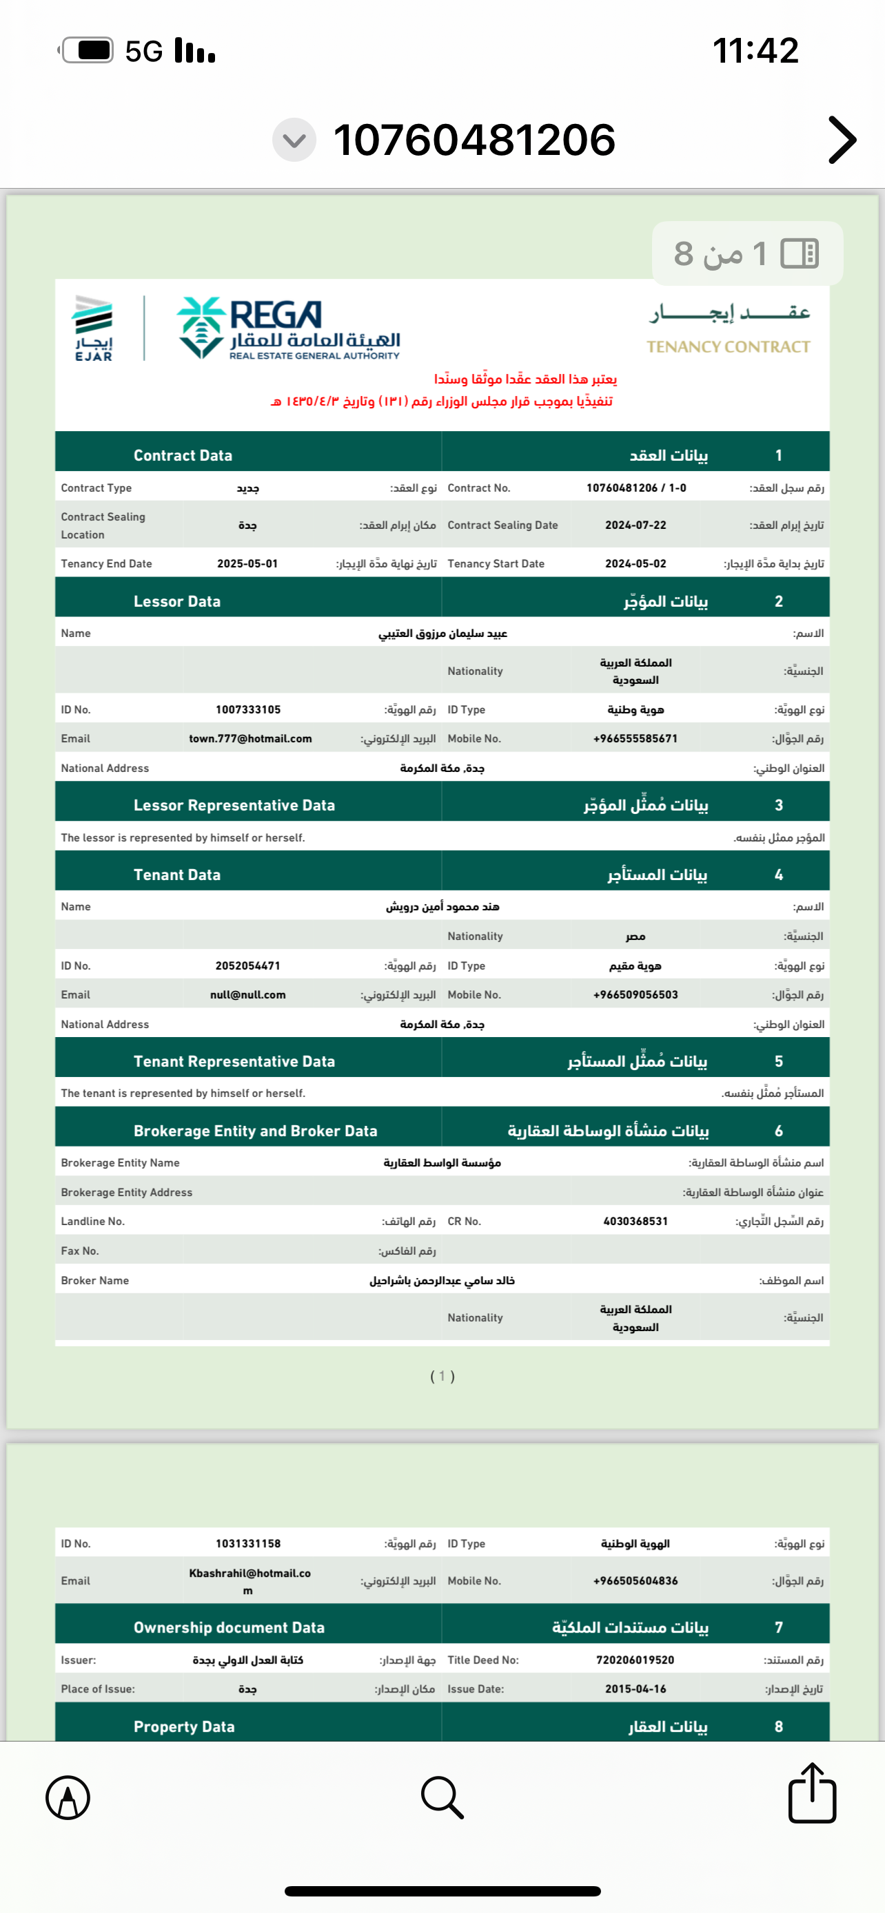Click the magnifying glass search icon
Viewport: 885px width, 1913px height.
click(442, 1797)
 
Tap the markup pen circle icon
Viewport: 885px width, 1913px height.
click(68, 1798)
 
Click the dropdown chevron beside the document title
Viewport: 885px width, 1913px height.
click(294, 140)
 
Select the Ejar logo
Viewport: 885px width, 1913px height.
click(94, 328)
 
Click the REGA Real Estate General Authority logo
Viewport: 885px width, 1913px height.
click(288, 328)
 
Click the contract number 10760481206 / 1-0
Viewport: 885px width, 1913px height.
click(636, 488)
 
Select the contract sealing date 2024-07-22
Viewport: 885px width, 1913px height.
click(635, 525)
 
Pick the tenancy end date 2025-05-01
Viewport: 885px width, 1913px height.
click(247, 564)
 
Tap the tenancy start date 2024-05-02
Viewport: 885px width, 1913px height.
click(635, 564)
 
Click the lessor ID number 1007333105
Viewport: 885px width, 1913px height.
click(248, 709)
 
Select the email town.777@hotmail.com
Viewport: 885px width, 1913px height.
click(250, 739)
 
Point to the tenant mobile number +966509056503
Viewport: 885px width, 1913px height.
click(635, 994)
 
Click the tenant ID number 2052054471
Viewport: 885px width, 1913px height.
click(248, 965)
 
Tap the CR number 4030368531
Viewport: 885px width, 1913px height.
click(635, 1221)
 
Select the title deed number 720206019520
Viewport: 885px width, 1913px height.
click(635, 1660)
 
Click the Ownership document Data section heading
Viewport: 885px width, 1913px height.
click(229, 1627)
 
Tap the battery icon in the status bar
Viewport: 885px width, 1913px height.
click(88, 50)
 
